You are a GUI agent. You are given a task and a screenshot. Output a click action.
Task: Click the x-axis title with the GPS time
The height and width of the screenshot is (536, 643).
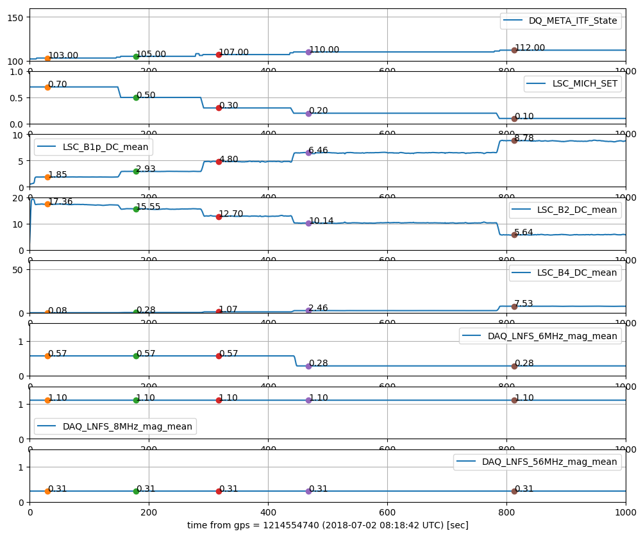pos(328,525)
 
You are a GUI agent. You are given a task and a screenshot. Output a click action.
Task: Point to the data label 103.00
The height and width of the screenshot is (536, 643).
pos(63,56)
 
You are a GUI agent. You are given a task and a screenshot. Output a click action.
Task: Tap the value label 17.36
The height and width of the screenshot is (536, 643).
pos(61,201)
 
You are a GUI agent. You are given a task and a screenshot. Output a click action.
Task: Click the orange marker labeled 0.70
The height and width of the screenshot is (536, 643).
pos(47,87)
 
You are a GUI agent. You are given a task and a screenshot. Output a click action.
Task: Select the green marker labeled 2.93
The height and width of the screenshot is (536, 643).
pos(136,171)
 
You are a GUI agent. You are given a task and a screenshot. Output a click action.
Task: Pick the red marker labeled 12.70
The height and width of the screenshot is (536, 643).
pos(219,217)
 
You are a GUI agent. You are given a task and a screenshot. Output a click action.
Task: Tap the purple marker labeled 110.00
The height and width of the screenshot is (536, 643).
pos(308,52)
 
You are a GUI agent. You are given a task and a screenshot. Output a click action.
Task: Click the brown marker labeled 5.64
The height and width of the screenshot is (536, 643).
pos(514,235)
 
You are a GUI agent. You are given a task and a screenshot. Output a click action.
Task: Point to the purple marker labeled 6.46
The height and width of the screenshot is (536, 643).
pos(308,153)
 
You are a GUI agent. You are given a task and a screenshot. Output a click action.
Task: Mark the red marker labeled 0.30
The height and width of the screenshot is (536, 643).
pos(219,108)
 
